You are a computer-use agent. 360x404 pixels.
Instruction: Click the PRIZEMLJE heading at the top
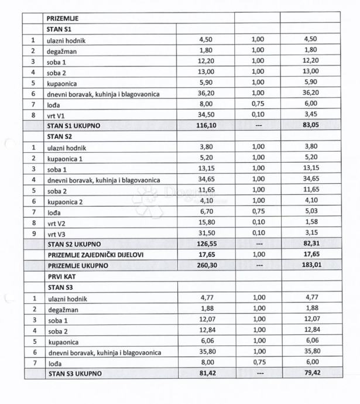(63, 18)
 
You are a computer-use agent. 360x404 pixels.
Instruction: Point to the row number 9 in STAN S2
(33, 233)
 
